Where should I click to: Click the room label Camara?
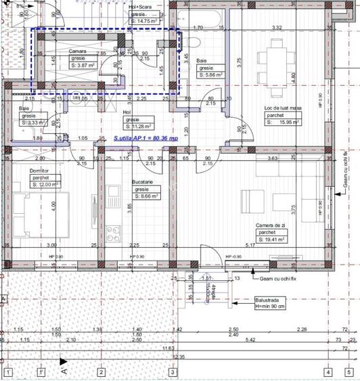click(x=76, y=52)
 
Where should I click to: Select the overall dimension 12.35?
click(x=179, y=357)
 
